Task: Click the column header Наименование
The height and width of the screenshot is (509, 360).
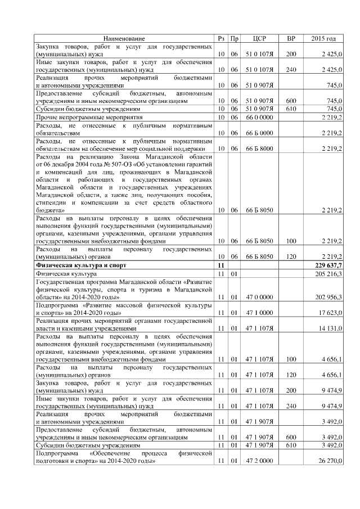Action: (124, 38)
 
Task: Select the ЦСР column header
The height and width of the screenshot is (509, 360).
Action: (259, 38)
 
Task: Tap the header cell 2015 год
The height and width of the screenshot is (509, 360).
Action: (323, 38)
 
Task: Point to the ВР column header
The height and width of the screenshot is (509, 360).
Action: (291, 38)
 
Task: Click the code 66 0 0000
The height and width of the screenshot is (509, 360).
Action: (259, 117)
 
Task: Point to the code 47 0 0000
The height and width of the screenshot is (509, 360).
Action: (259, 296)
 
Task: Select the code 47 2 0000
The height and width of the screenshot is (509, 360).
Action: (259, 461)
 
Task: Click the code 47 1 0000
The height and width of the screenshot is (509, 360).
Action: (259, 312)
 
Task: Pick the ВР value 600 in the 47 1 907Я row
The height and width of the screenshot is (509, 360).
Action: (291, 436)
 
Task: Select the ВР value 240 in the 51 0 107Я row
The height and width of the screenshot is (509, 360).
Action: (291, 70)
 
